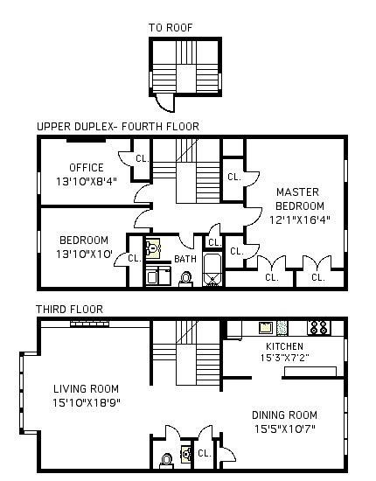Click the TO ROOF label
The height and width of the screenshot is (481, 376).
tap(171, 28)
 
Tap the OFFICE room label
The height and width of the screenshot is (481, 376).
tap(87, 168)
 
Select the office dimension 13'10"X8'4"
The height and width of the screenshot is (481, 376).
tap(87, 181)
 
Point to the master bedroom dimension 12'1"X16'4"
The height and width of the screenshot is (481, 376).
tap(300, 220)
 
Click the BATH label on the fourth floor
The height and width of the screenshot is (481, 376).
tap(185, 259)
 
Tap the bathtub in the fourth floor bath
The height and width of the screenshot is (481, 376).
tap(212, 270)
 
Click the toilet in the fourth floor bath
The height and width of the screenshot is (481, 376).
tap(185, 279)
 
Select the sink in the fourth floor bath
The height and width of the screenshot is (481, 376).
tap(153, 247)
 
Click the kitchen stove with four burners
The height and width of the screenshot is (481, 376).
tap(319, 327)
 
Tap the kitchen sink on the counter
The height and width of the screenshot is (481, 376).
tap(266, 327)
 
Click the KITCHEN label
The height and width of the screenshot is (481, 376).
tap(284, 346)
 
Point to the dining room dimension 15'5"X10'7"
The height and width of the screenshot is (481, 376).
tap(285, 429)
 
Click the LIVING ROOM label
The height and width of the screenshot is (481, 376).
tap(87, 389)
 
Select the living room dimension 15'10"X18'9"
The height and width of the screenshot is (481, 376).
tap(87, 402)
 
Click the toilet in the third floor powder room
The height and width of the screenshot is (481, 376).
tap(166, 461)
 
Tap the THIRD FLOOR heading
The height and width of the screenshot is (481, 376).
tap(69, 310)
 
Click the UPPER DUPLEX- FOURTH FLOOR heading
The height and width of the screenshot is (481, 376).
tap(118, 127)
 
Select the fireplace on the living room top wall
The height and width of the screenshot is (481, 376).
tap(89, 324)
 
